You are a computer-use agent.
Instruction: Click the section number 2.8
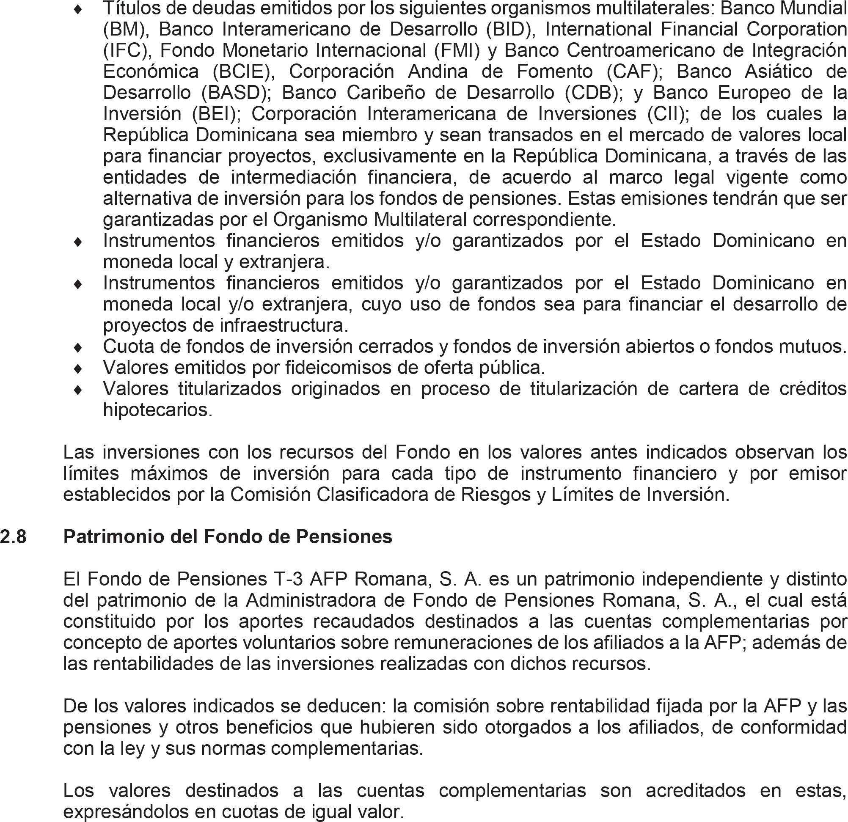13,537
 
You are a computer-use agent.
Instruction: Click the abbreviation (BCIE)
244,72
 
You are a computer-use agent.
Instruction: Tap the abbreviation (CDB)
594,93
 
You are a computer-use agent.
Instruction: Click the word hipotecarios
157,410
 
